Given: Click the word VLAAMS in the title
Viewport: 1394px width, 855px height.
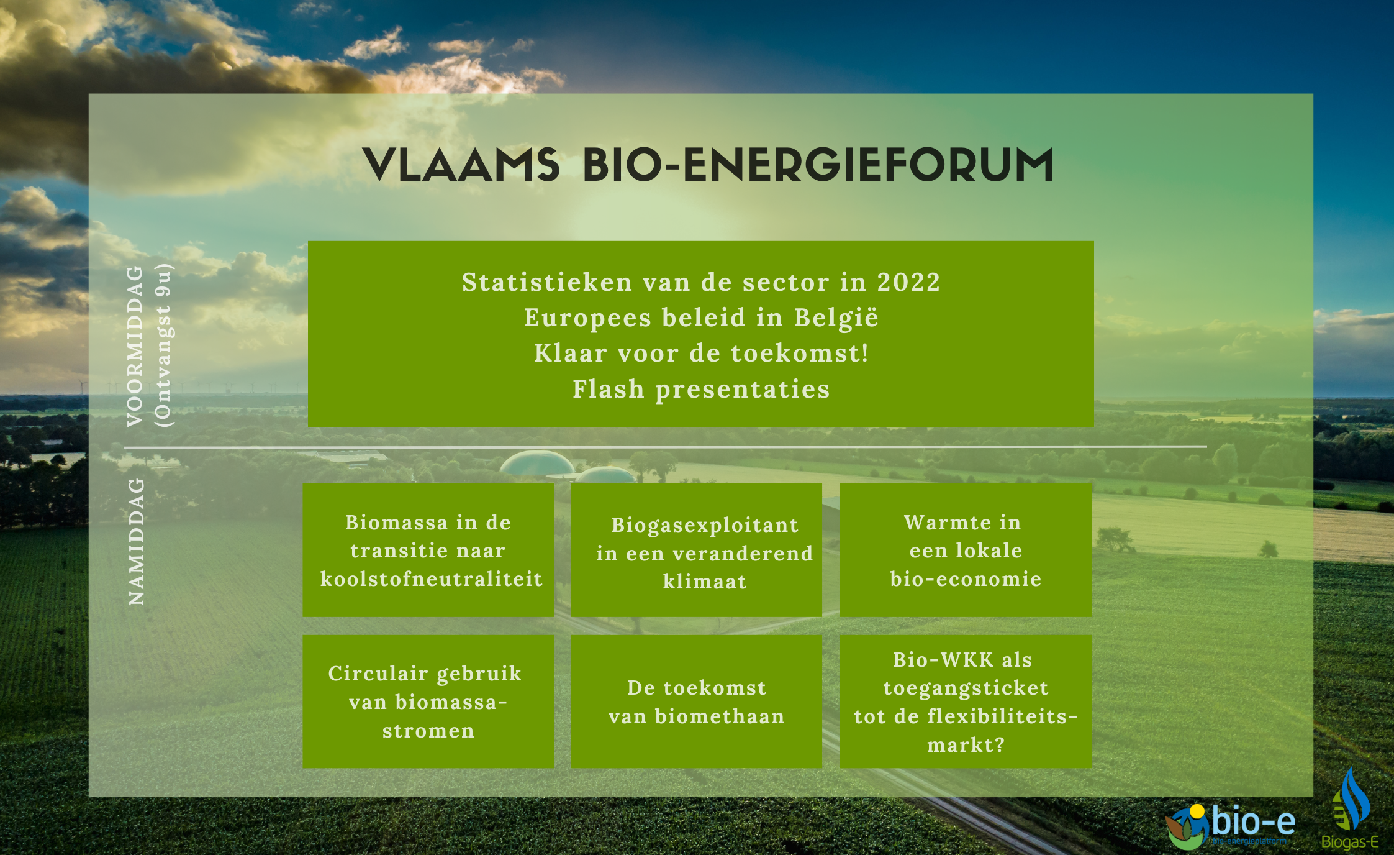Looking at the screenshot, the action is point(461,165).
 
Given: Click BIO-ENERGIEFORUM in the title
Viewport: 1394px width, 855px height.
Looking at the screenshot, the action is point(818,165).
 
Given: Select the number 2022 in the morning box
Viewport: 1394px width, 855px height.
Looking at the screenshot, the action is point(908,282).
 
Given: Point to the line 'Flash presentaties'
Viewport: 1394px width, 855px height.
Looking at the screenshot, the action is point(701,390).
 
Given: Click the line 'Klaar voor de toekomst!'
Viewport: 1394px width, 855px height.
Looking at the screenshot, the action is point(701,353).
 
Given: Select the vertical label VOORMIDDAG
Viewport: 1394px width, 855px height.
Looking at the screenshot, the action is point(135,346).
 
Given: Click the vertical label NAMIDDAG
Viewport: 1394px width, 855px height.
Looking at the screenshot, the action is point(136,541).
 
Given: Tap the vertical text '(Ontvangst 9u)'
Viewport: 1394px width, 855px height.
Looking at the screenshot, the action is point(164,345).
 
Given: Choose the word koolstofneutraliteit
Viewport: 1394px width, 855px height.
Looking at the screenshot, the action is point(432,579).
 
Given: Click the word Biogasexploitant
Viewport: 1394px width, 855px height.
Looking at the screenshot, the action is point(705,526).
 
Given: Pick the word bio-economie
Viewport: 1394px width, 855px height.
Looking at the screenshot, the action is point(966,578).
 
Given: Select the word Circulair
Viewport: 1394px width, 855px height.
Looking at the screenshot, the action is point(378,673).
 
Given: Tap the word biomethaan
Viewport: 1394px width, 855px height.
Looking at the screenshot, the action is point(720,716).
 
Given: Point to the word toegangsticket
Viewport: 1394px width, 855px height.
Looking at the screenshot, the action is point(966,688).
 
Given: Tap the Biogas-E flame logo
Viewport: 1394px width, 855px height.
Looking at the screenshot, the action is point(1351,808).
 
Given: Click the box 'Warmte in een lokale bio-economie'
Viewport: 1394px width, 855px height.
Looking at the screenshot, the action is point(966,550).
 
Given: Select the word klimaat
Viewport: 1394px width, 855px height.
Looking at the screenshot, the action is point(705,582).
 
